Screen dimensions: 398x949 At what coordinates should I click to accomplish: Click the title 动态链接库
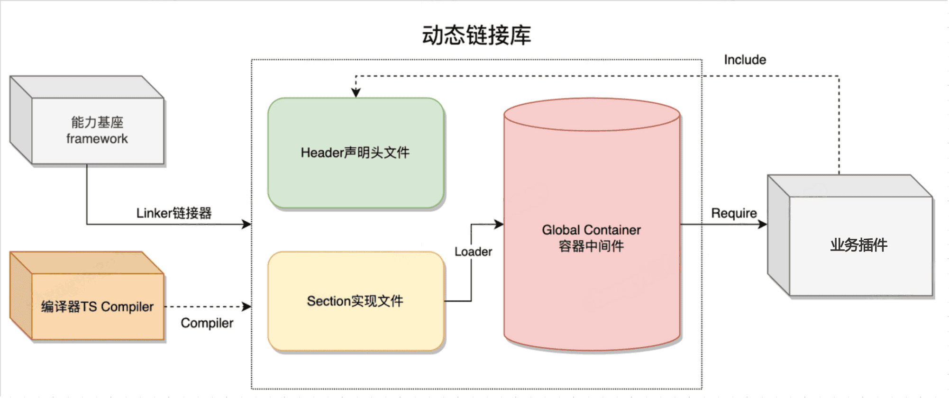tap(476, 36)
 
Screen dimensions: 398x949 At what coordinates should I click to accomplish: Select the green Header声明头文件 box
tap(356, 153)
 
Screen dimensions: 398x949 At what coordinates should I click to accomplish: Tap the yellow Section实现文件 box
tap(356, 301)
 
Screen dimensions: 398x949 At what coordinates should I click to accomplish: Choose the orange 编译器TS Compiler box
tap(97, 307)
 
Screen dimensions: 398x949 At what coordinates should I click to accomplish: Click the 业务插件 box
tap(859, 245)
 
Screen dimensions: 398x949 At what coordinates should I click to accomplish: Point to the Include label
tap(745, 60)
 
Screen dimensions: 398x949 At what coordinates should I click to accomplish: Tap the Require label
tap(734, 213)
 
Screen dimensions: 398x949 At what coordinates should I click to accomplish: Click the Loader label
tap(473, 252)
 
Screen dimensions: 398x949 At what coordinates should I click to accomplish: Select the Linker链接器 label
tap(174, 213)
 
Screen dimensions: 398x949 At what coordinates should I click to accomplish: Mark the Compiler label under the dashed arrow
tap(207, 323)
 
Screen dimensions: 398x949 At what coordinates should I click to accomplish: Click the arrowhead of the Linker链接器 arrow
tap(246, 224)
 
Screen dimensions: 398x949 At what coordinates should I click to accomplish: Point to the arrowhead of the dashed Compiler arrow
tap(246, 307)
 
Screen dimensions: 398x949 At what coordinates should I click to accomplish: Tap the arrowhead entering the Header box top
tap(356, 93)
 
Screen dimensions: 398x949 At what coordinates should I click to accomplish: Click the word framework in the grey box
tap(97, 139)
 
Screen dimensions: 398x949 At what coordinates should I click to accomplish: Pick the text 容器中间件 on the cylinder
tap(592, 246)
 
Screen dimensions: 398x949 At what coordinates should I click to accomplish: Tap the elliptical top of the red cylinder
tap(592, 114)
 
